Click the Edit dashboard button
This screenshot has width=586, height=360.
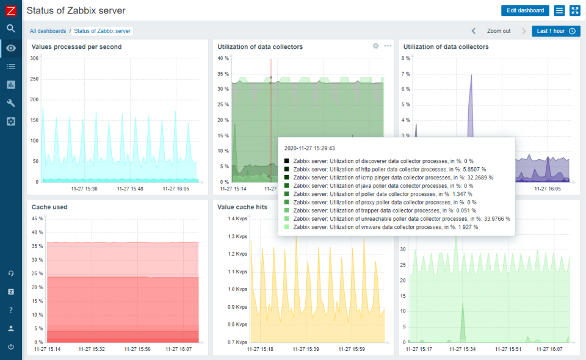click(x=525, y=10)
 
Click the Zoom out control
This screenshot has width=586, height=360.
click(x=498, y=31)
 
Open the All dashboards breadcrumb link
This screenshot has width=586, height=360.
click(x=48, y=31)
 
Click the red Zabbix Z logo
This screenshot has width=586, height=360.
click(x=11, y=10)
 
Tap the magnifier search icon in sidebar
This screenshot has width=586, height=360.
click(x=11, y=29)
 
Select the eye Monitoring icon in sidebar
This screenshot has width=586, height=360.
click(x=11, y=48)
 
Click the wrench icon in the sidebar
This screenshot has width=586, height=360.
click(x=11, y=103)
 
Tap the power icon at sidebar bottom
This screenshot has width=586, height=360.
click(x=11, y=347)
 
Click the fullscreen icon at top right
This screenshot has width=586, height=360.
click(x=575, y=10)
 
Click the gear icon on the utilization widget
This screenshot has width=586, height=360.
click(x=376, y=46)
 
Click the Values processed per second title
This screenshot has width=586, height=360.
click(x=76, y=47)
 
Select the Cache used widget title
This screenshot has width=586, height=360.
click(x=49, y=207)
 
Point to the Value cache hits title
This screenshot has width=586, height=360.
click(x=242, y=207)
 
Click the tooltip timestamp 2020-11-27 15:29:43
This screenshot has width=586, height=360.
click(x=309, y=148)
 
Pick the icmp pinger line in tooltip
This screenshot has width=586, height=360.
click(x=393, y=178)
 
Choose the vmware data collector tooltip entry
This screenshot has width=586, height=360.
click(x=385, y=227)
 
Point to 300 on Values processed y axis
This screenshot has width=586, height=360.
click(x=34, y=59)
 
